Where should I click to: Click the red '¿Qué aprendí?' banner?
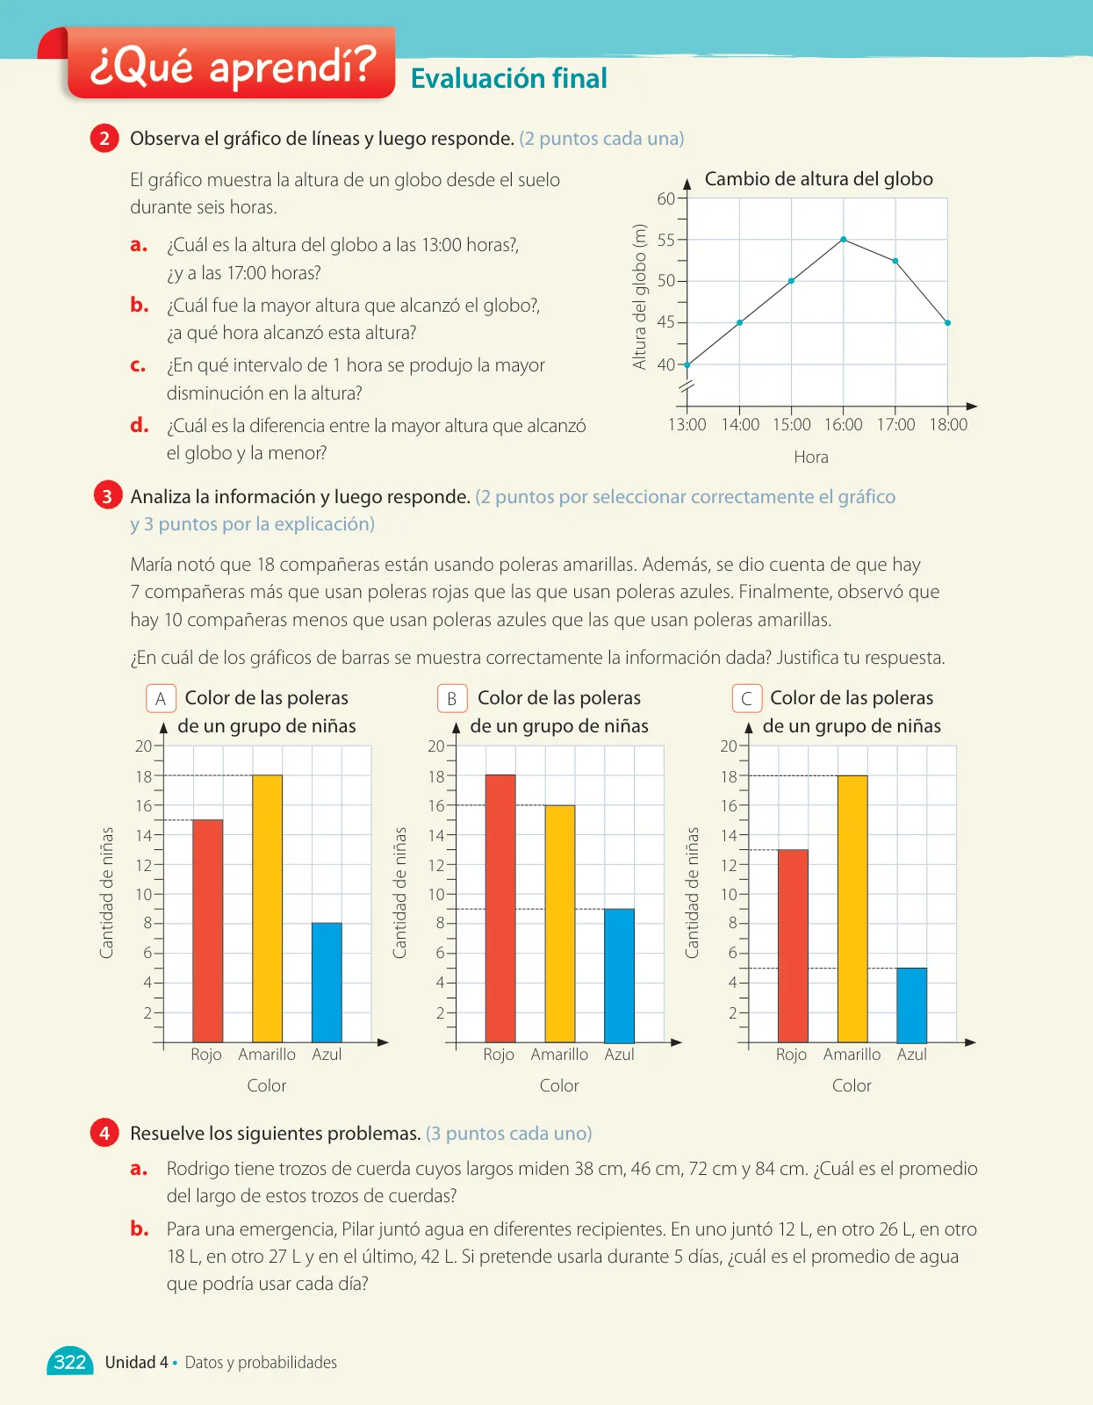coord(231,62)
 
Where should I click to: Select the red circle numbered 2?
coord(104,139)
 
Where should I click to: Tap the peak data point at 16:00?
coord(844,239)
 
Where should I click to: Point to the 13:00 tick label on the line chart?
coord(687,425)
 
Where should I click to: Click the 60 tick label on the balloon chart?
coord(665,198)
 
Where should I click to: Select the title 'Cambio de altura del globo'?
coord(818,178)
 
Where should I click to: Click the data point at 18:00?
coord(947,322)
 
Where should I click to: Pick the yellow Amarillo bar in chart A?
coord(267,909)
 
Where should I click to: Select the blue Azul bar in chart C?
coord(911,1005)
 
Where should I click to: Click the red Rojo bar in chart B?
coord(500,909)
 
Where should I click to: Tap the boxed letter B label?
coord(452,698)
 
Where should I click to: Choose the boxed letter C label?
coord(746,698)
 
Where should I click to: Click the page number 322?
coord(70,1362)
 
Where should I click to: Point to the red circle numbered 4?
coord(104,1133)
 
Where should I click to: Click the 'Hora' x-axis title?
coord(810,458)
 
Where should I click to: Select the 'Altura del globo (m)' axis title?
coord(639,297)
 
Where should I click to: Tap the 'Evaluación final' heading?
coord(508,78)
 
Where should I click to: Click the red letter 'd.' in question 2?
coord(139,425)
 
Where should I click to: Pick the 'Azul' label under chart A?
coord(327,1055)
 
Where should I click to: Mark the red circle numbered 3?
coord(107,496)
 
